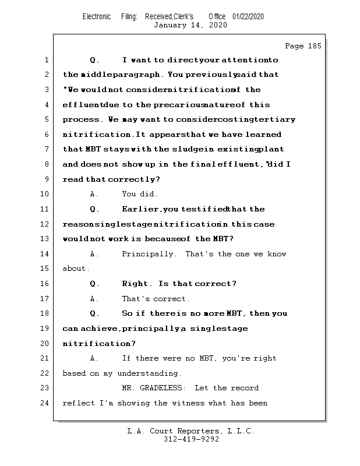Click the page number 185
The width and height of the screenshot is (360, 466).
[312, 46]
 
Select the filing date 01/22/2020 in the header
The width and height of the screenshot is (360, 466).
[248, 17]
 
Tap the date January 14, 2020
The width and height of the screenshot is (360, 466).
[190, 25]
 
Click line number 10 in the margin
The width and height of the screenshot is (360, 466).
[45, 195]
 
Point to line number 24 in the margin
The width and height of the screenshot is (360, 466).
[45, 403]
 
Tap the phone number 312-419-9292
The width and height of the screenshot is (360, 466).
[191, 440]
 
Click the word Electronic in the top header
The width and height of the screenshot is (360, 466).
[97, 17]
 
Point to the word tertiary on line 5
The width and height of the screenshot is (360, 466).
[276, 119]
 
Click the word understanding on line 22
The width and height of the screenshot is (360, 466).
[149, 373]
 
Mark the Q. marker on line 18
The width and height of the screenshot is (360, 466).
[95, 313]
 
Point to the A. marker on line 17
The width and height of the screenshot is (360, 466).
[94, 299]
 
